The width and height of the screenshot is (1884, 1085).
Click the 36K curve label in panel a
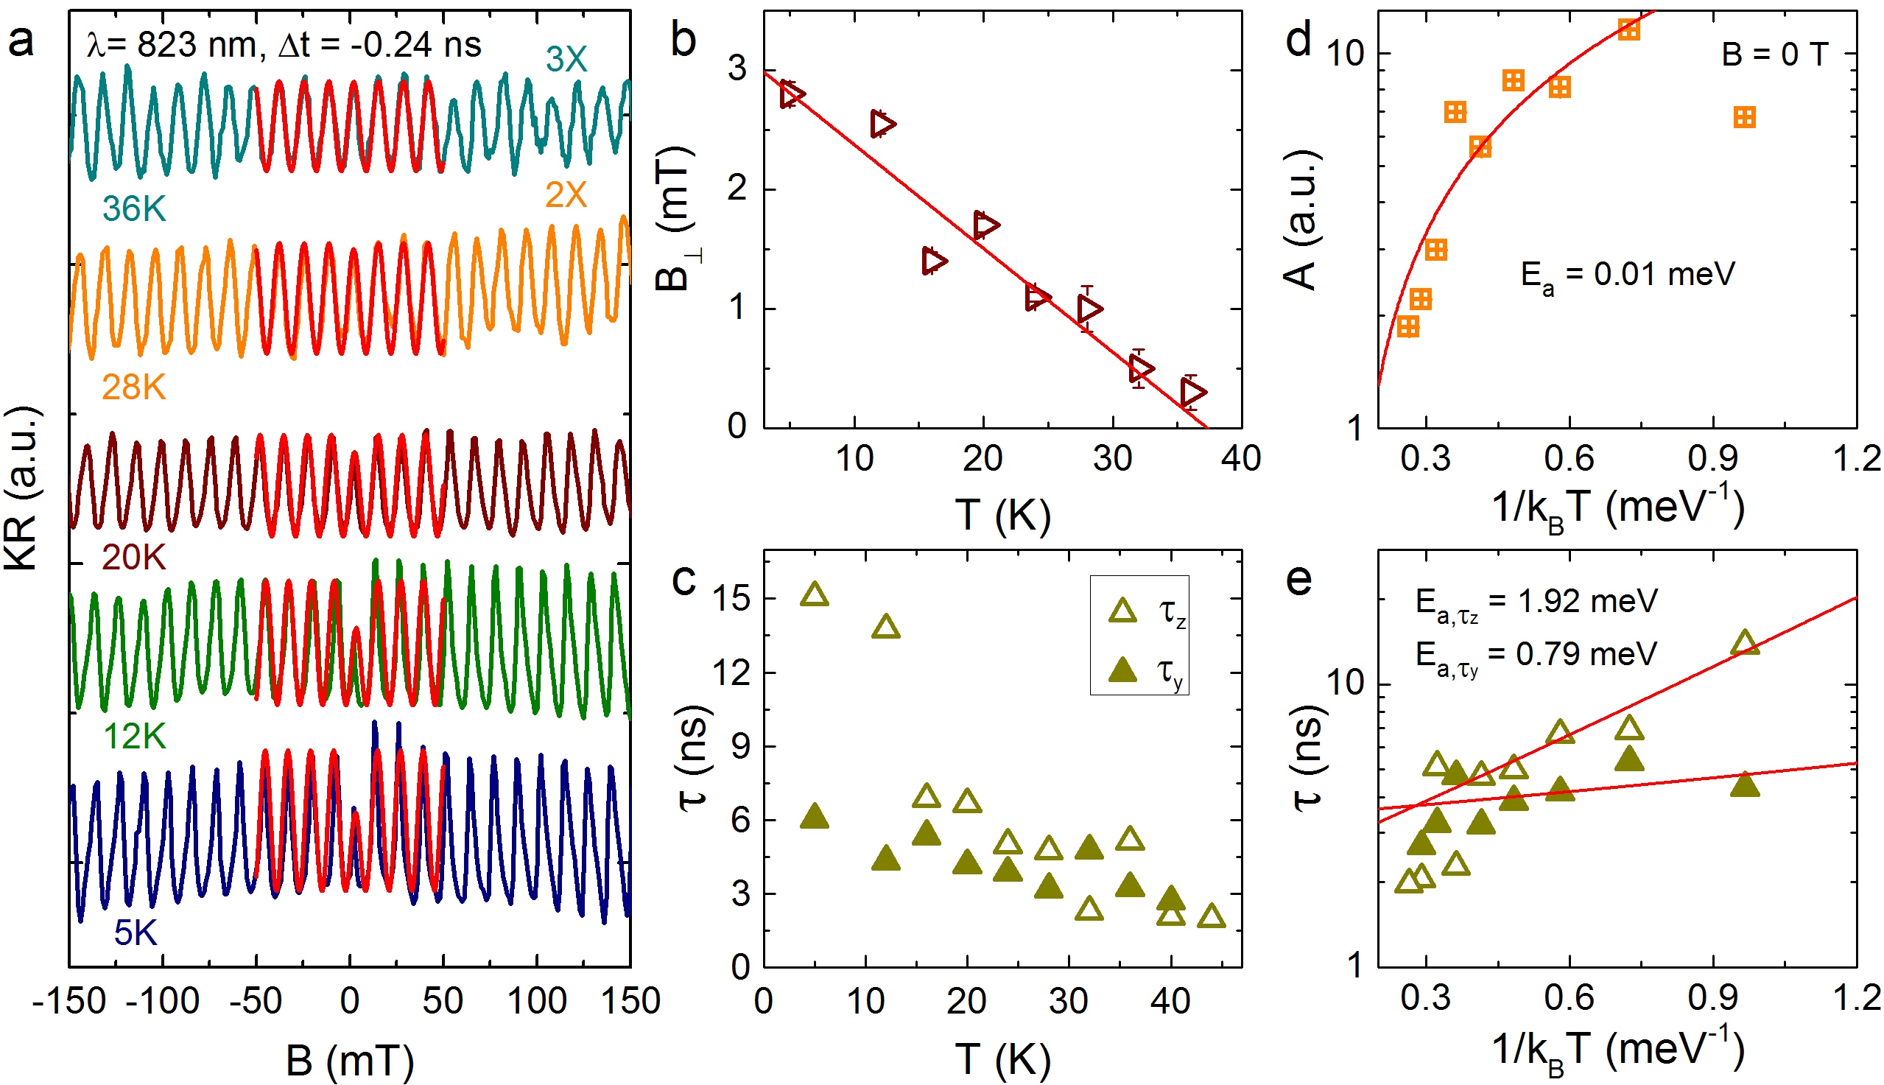click(x=134, y=209)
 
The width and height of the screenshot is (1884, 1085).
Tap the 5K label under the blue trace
click(x=136, y=933)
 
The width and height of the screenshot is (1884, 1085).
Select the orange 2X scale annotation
click(x=566, y=195)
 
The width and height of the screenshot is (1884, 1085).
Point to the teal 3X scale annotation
click(x=566, y=60)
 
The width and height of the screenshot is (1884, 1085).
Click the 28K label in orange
click(x=133, y=387)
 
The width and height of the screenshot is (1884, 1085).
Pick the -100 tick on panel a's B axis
click(x=162, y=1000)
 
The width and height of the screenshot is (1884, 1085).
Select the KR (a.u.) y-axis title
click(x=22, y=488)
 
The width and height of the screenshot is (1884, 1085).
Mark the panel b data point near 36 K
click(x=1192, y=392)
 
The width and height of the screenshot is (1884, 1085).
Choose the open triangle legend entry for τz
click(x=1122, y=611)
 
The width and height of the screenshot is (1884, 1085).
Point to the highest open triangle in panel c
click(x=815, y=594)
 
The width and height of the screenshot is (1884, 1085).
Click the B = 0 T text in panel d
click(x=1774, y=55)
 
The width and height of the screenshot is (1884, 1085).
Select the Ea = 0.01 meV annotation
click(x=1627, y=275)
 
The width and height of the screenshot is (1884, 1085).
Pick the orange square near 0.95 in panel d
click(x=1745, y=118)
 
